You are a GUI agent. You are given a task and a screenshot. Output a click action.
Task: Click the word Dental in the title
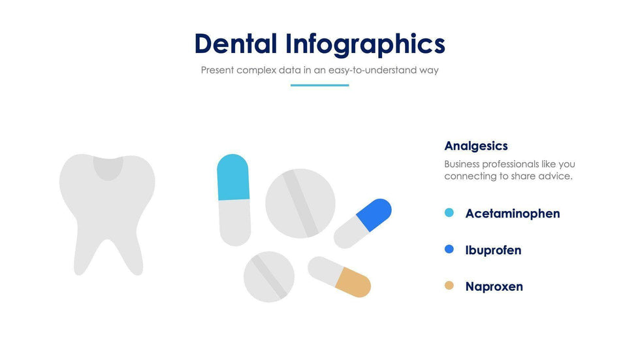pyautogui.click(x=236, y=43)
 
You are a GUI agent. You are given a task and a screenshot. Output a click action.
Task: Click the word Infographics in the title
pyautogui.click(x=365, y=45)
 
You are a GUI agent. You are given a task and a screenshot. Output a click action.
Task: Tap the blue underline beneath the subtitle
pyautogui.click(x=319, y=86)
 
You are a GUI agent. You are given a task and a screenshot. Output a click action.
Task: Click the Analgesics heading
pyautogui.click(x=476, y=146)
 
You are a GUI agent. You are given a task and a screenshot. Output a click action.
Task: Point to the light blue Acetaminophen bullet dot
pyautogui.click(x=449, y=212)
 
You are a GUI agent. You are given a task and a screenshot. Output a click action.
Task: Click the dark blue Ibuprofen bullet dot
pyautogui.click(x=449, y=249)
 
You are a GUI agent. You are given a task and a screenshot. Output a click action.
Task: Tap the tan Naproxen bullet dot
pyautogui.click(x=449, y=286)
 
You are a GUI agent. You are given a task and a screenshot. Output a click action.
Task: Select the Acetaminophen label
pyautogui.click(x=513, y=214)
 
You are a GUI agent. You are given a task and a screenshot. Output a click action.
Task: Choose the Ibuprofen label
pyautogui.click(x=493, y=250)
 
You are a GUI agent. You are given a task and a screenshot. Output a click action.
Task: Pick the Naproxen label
pyautogui.click(x=494, y=287)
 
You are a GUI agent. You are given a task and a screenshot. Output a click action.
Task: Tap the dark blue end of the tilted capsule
pyautogui.click(x=374, y=214)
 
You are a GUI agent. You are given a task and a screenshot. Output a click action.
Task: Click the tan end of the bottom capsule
pyautogui.click(x=353, y=282)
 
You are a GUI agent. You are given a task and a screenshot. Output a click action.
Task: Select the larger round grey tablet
pyautogui.click(x=300, y=203)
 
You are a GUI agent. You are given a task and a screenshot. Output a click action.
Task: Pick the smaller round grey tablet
pyautogui.click(x=269, y=277)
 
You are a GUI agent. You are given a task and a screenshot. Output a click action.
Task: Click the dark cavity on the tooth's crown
pyautogui.click(x=108, y=167)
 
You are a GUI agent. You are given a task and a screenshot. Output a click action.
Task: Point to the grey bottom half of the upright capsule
pyautogui.click(x=235, y=222)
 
